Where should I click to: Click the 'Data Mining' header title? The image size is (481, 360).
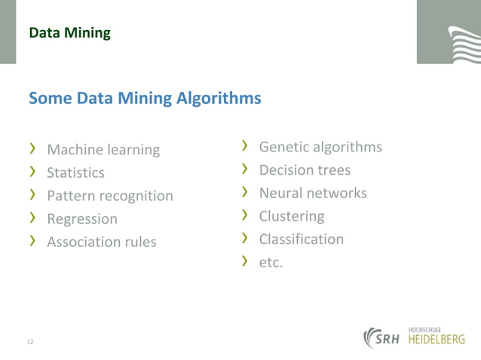[69, 33]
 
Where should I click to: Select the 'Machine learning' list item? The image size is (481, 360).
[103, 150]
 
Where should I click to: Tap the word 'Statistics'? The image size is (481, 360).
[75, 172]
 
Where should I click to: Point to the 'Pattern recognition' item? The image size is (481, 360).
[109, 196]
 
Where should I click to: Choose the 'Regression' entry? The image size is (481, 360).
[82, 219]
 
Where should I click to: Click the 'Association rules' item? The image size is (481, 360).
[102, 242]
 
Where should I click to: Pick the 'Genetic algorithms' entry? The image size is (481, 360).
[320, 147]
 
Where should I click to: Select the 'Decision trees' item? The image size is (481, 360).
[305, 170]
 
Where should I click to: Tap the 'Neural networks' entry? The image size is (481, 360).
[313, 193]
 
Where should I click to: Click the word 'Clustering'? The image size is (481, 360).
[292, 216]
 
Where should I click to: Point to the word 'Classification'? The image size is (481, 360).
[301, 239]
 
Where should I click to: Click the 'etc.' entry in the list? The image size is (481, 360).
[271, 263]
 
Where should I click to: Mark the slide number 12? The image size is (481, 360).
[30, 342]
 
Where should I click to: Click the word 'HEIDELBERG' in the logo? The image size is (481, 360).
[437, 340]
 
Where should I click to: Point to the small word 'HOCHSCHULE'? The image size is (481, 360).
[424, 329]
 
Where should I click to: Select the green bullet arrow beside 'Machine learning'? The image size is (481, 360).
[33, 149]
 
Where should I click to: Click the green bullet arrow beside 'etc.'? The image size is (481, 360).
[245, 261]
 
